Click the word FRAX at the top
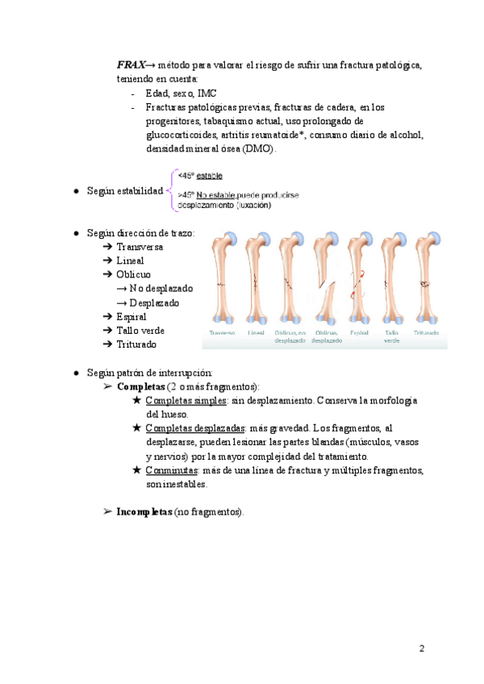(x=132, y=65)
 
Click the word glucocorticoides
(x=185, y=135)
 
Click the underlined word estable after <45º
(x=211, y=175)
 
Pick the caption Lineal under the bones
(x=257, y=332)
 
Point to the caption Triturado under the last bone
(x=427, y=332)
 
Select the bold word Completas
(x=140, y=386)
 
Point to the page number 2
(x=421, y=649)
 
